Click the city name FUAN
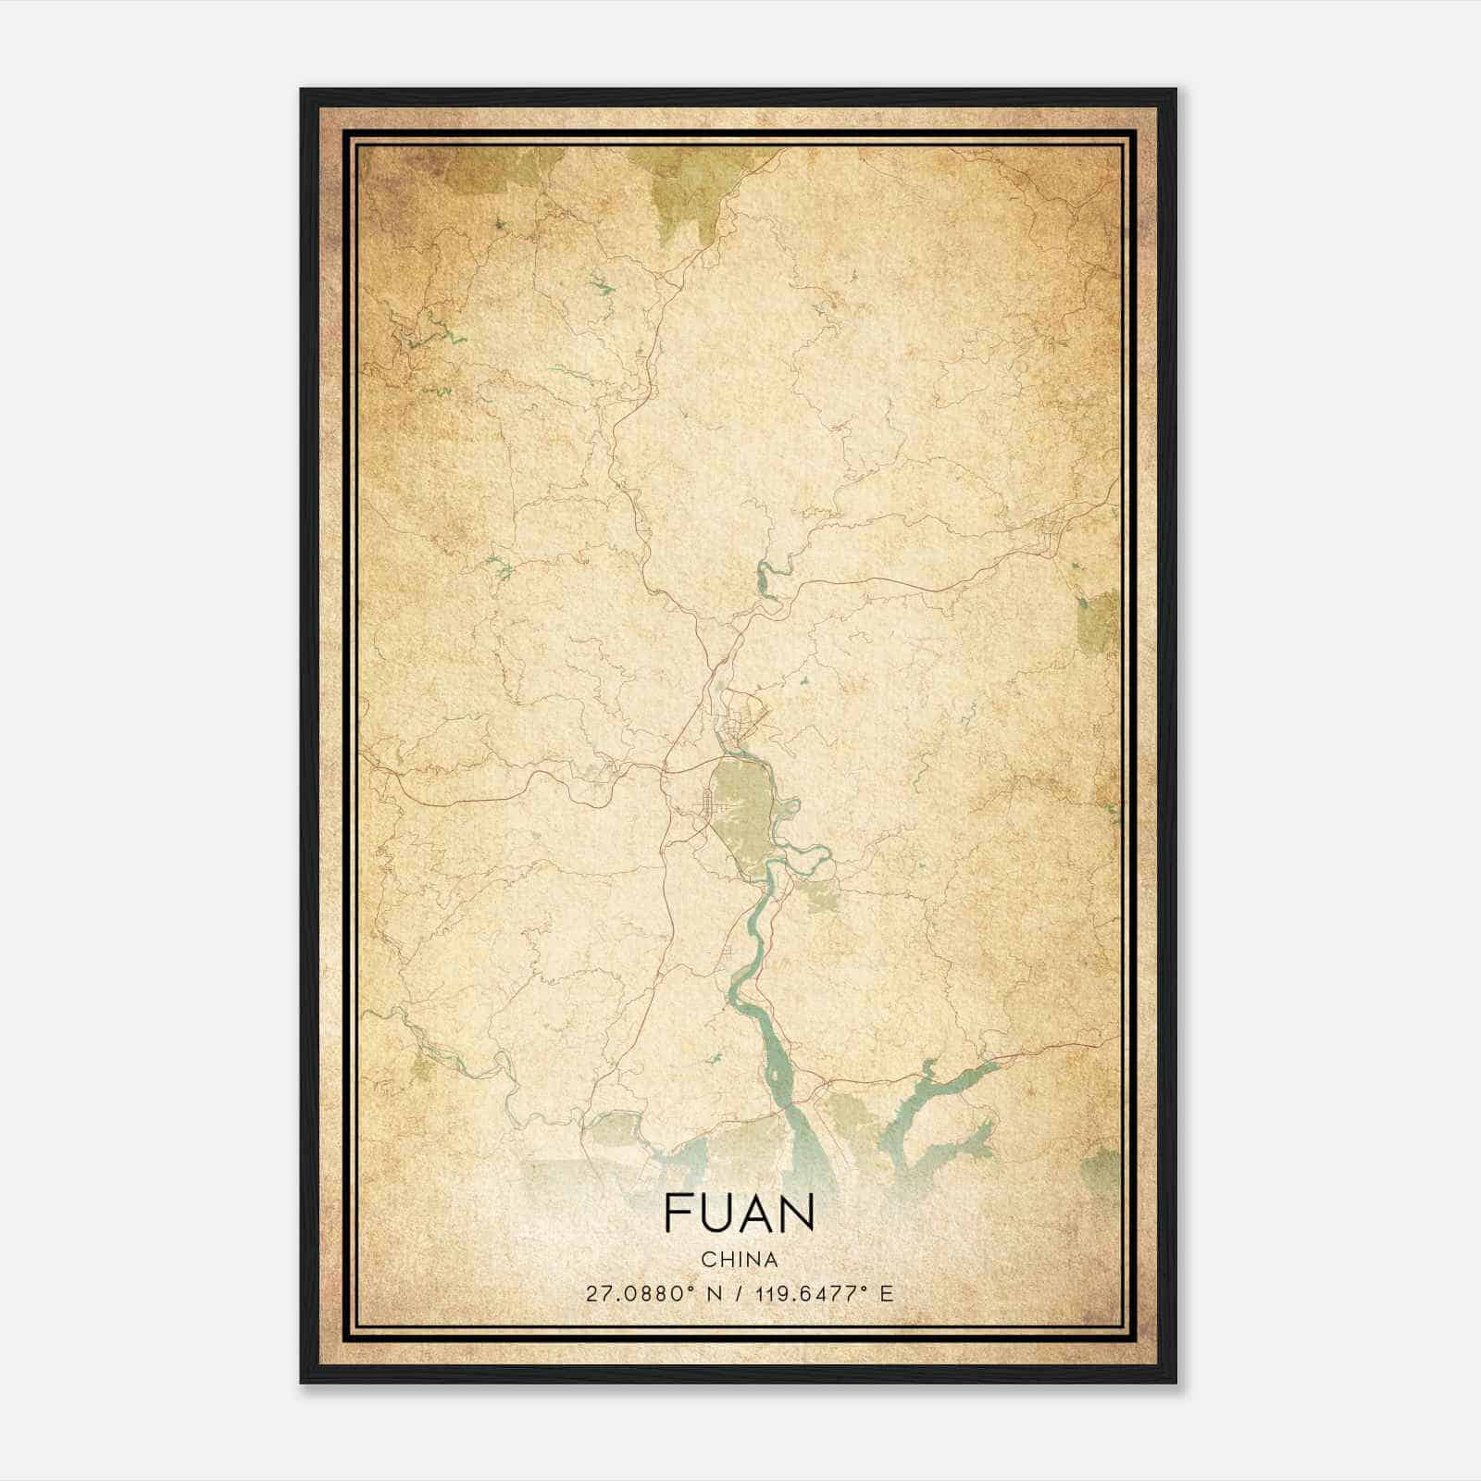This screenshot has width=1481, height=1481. click(x=739, y=1213)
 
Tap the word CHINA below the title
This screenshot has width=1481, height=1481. click(x=739, y=1260)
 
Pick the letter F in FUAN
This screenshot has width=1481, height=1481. click(x=676, y=1213)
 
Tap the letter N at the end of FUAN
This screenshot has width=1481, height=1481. click(x=798, y=1213)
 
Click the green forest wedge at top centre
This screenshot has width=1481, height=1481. click(x=690, y=194)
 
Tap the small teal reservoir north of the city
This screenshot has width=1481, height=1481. click(x=765, y=579)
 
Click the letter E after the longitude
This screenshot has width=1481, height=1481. click(x=886, y=1293)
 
